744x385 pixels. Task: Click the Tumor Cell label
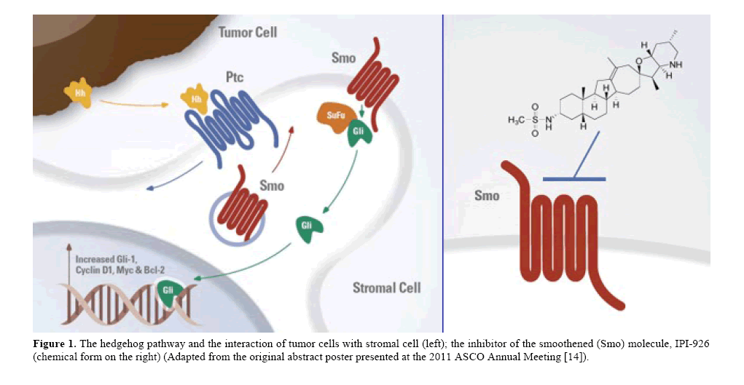248,33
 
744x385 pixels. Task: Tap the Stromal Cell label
386,287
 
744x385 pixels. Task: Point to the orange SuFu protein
332,116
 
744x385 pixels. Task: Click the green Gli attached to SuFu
359,134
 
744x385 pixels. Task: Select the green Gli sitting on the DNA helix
167,292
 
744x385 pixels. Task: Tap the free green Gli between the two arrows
309,228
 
